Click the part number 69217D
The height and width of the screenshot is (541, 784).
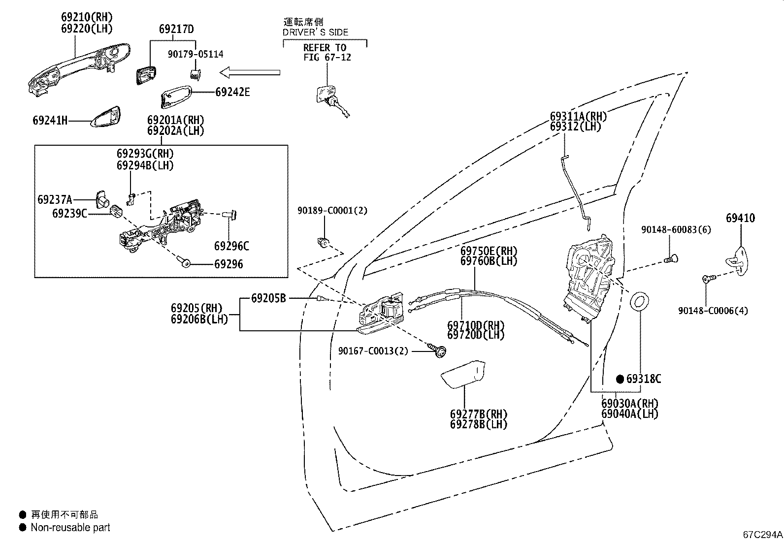point(176,29)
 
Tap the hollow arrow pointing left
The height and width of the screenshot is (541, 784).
point(250,72)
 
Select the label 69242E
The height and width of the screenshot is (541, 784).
point(232,92)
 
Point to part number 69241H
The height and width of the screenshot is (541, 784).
point(50,121)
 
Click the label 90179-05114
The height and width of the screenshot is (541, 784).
point(196,54)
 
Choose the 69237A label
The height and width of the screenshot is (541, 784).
point(55,199)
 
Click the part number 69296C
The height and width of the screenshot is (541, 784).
point(231,246)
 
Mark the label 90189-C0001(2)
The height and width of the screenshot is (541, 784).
point(332,210)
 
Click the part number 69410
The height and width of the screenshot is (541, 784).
point(740,218)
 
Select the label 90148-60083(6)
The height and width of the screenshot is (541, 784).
point(676,229)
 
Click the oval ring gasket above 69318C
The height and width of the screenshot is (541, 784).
point(639,302)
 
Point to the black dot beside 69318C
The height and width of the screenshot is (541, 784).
point(620,379)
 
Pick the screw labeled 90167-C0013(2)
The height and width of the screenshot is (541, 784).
point(437,350)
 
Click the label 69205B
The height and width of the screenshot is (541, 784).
point(268,298)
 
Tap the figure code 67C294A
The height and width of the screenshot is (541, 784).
point(763,535)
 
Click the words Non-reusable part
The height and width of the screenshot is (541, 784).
point(70,527)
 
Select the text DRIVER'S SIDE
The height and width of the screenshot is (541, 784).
point(315,32)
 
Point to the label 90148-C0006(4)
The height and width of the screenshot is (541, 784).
point(713,311)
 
